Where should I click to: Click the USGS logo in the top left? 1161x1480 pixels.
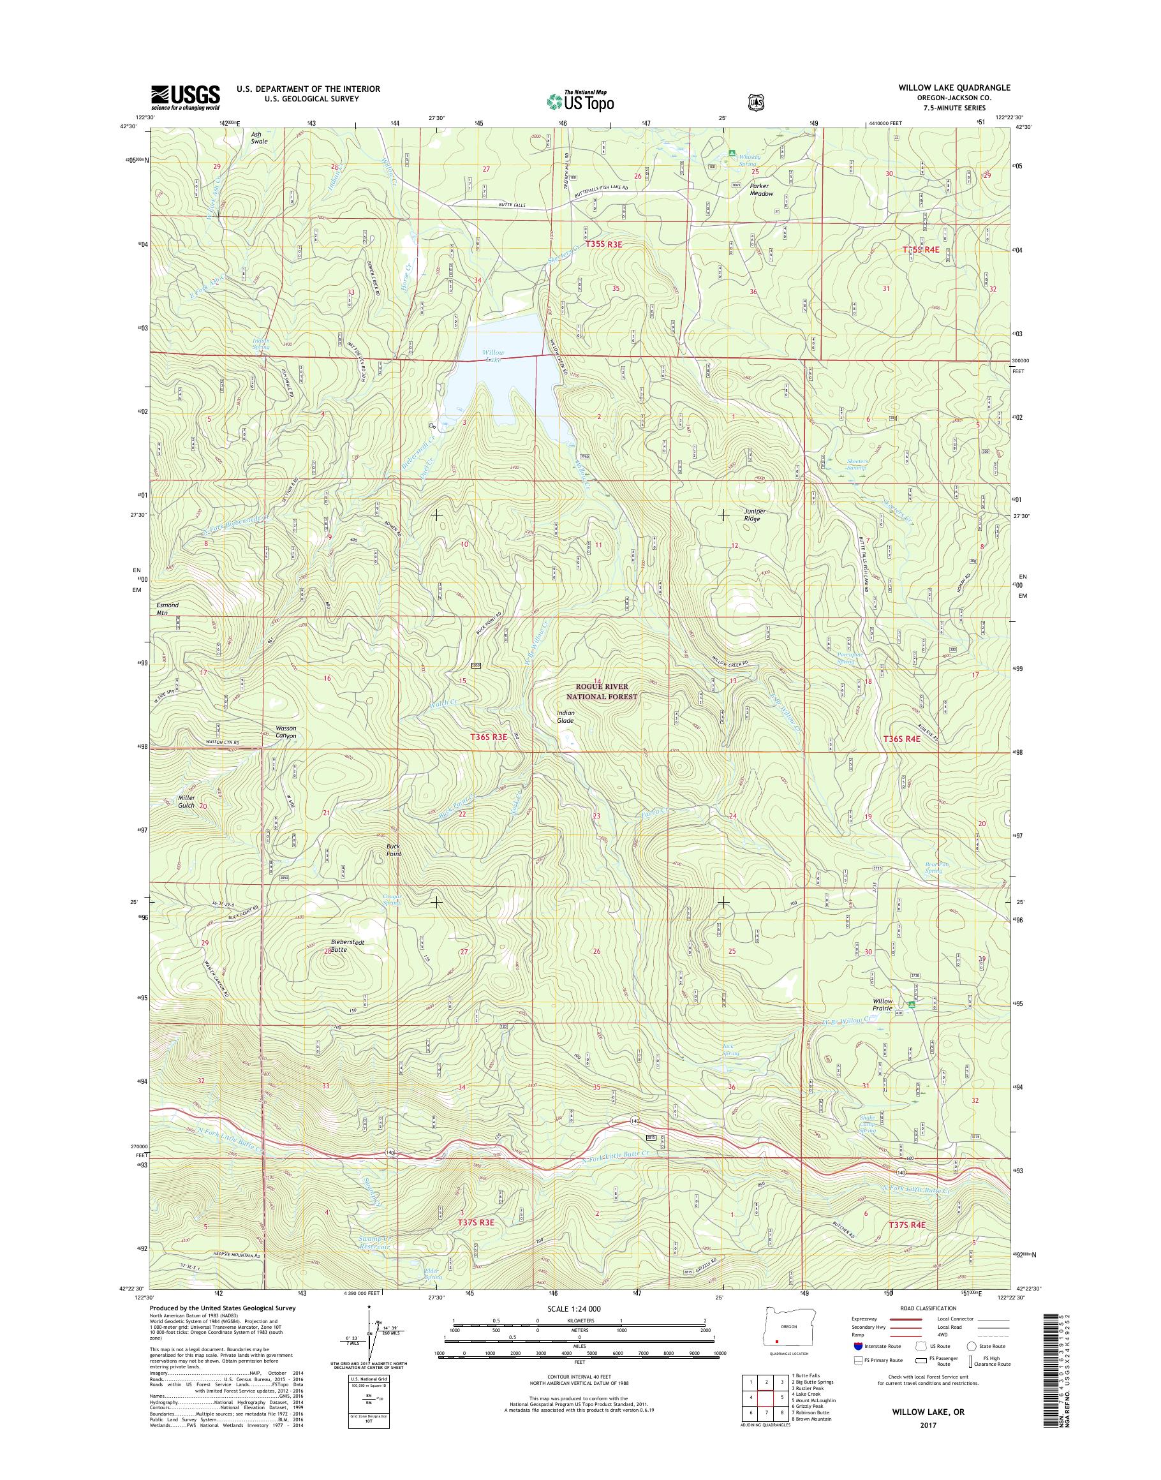(x=185, y=97)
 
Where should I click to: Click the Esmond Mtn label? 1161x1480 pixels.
(x=167, y=608)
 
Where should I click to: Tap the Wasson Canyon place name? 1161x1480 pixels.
(x=286, y=732)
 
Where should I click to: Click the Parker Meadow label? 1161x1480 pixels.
(x=762, y=189)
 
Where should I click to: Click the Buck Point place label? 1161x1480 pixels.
(x=390, y=850)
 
